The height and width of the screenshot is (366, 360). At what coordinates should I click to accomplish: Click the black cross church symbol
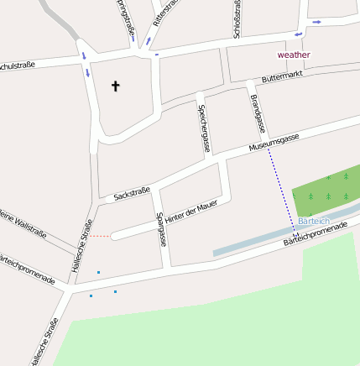pyautogui.click(x=116, y=85)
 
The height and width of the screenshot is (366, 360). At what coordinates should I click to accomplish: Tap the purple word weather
pyautogui.click(x=294, y=55)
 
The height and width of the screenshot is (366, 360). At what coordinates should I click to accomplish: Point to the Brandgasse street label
pyautogui.click(x=257, y=112)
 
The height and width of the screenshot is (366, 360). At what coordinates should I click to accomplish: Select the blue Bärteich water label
pyautogui.click(x=314, y=221)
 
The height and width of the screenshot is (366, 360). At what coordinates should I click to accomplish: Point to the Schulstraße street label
pyautogui.click(x=17, y=65)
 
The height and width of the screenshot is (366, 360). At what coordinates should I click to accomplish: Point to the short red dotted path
pyautogui.click(x=99, y=236)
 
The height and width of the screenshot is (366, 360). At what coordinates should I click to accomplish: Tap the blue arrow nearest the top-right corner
pyautogui.click(x=316, y=22)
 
